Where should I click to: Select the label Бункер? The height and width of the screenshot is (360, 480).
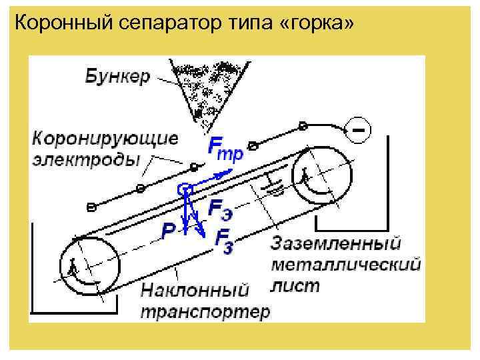click(117, 75)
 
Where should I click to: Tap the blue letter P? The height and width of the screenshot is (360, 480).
click(169, 230)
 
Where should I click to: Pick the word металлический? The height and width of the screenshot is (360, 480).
click(345, 264)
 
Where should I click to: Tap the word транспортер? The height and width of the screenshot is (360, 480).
click(205, 311)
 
